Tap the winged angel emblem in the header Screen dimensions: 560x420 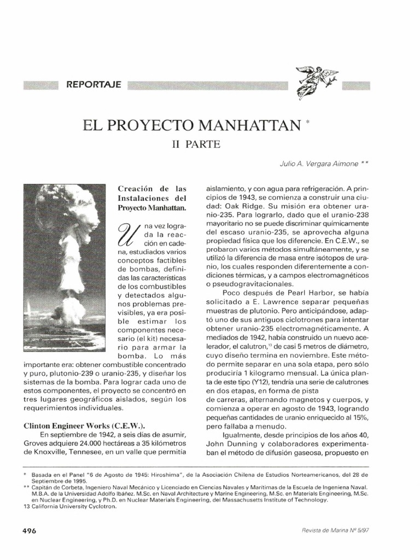317,81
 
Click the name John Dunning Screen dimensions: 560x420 227,443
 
